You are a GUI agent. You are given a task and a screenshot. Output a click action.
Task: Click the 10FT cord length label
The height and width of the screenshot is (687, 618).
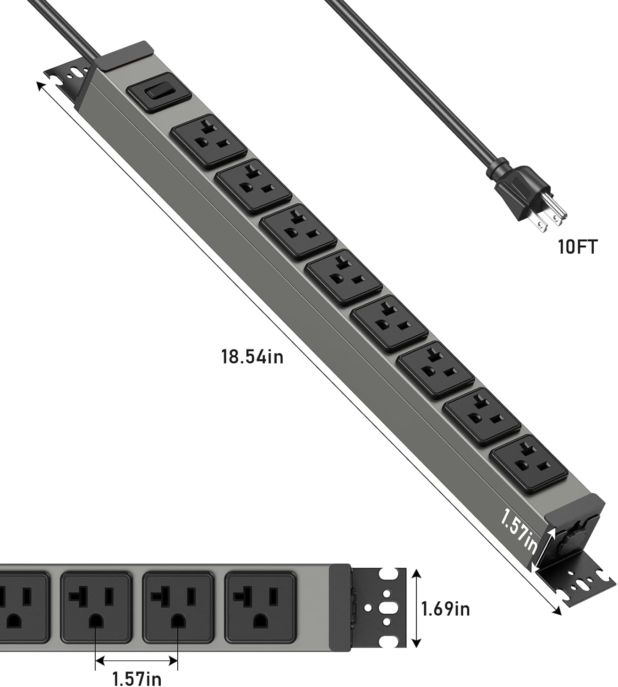pyautogui.click(x=578, y=247)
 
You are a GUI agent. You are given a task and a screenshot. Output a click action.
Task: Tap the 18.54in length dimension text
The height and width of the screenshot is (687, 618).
pyautogui.click(x=252, y=356)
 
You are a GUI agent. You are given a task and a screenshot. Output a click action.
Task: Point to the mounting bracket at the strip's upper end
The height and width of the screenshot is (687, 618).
pyautogui.click(x=68, y=81)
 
